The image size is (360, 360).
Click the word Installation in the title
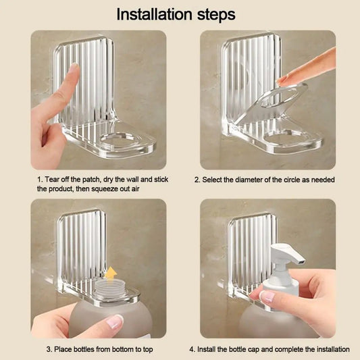[x=155, y=14]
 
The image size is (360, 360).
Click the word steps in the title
[x=216, y=15]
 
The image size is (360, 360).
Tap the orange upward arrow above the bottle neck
[x=111, y=274]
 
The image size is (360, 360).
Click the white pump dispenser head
[x=288, y=255]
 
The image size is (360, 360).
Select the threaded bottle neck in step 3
[x=110, y=288]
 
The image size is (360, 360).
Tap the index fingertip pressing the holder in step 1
[x=74, y=69]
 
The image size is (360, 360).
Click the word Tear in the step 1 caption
[x=53, y=179]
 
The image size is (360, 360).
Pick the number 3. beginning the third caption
[x=49, y=349]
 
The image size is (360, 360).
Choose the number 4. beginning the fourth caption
[x=192, y=349]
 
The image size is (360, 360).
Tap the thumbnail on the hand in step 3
[x=114, y=322]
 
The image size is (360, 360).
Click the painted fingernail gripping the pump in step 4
[x=267, y=297]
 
